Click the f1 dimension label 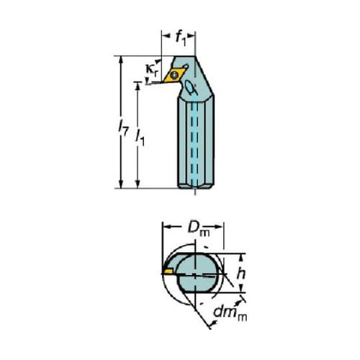(181, 39)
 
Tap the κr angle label (152, 70)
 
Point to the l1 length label (140, 138)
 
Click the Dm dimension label (199, 228)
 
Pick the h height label (240, 274)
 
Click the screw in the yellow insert (174, 74)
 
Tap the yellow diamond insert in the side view (174, 76)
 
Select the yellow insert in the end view (168, 271)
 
